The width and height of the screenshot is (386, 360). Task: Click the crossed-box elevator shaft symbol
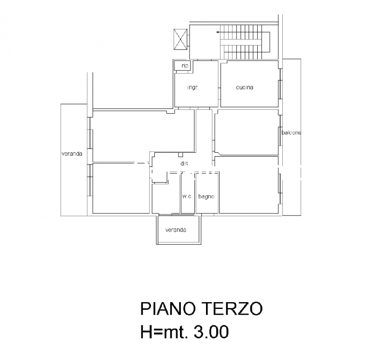point(180,40)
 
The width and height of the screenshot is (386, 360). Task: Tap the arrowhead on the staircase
point(217,32)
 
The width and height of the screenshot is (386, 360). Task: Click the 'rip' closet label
point(185,66)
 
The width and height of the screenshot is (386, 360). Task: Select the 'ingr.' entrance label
point(193,87)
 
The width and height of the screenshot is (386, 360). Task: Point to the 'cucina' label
point(245,87)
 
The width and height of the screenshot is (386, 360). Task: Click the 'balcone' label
point(291,133)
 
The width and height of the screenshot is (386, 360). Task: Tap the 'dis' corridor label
point(184,163)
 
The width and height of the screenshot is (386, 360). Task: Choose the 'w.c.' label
point(187,197)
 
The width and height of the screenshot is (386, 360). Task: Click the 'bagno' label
point(207,197)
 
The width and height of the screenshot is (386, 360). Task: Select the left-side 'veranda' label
point(72,154)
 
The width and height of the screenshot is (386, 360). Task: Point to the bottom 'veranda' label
point(176,230)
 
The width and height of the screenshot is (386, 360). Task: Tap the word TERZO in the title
point(234,308)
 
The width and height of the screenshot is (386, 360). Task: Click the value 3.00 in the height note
point(211,332)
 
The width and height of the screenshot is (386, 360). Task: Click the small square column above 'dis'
point(180,155)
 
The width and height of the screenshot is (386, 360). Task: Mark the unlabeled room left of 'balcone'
point(247,133)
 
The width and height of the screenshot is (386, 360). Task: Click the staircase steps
point(243,43)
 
